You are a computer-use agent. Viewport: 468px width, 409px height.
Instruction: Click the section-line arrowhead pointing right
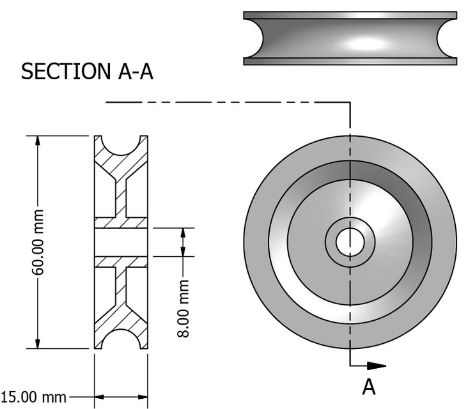(378, 366)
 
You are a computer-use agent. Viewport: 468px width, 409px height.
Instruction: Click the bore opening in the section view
(121, 242)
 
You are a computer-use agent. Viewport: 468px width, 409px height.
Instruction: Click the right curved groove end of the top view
(448, 38)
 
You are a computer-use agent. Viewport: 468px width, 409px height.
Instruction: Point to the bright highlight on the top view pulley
(368, 45)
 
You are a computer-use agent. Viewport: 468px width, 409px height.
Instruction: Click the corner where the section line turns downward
(350, 102)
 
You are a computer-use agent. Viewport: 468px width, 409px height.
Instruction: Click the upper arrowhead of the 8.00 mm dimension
(183, 233)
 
